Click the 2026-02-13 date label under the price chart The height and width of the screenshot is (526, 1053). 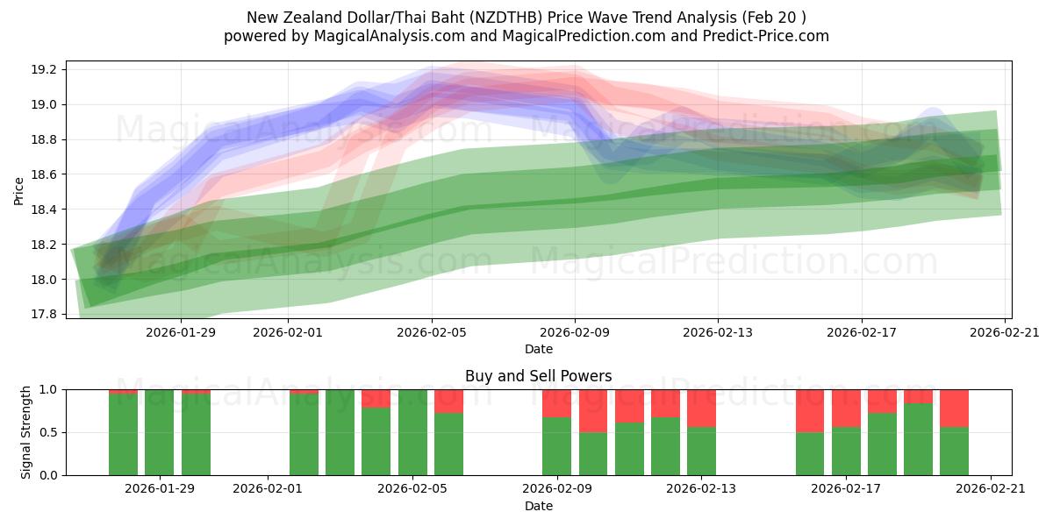(x=718, y=332)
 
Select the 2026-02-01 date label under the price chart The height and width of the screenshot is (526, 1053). (x=290, y=332)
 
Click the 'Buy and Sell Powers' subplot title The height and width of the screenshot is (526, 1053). (x=538, y=376)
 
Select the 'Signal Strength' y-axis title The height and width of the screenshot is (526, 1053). (x=26, y=432)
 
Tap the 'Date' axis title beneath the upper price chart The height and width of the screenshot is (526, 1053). (x=538, y=349)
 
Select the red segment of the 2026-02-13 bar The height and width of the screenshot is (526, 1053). (x=701, y=408)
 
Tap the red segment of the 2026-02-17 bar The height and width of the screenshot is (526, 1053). (x=846, y=408)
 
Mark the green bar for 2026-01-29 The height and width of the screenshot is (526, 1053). (x=159, y=432)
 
